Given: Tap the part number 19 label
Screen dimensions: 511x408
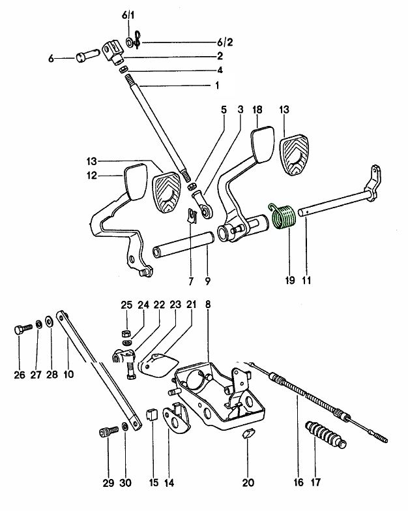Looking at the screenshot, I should pos(288,281).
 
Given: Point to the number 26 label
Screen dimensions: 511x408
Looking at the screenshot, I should pos(19,374).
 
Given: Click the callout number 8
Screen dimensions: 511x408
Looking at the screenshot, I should pos(208,304).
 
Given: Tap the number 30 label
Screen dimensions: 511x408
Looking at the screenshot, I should pos(126,484).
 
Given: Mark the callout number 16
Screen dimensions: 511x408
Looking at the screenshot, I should pos(298,484).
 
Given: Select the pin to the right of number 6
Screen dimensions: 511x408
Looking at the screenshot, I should pos(86,58).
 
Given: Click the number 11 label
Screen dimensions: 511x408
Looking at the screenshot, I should pos(306,281).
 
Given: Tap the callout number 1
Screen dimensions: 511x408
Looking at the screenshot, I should pos(217,85).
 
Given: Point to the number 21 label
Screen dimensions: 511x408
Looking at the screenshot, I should pos(191,304).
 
